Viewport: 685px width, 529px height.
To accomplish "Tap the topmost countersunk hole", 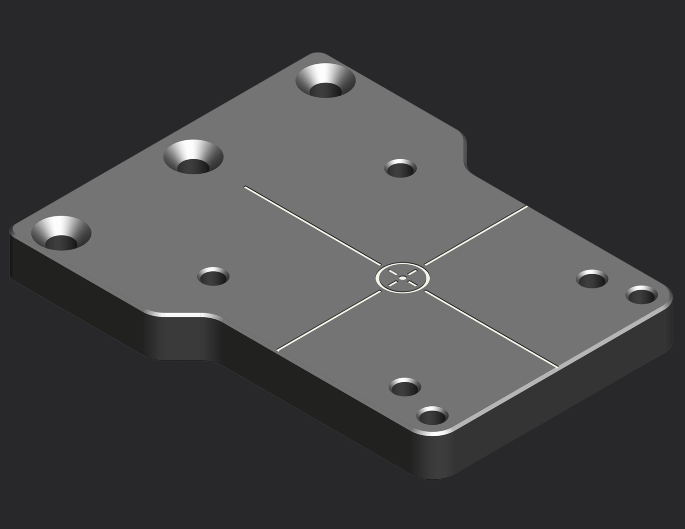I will tap(326, 81).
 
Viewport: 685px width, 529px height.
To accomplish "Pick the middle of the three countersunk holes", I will tap(193, 158).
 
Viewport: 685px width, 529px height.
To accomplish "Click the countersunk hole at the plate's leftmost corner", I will tap(61, 234).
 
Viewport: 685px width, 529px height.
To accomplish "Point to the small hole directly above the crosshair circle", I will tap(401, 169).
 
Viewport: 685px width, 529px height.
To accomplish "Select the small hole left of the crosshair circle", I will tap(213, 277).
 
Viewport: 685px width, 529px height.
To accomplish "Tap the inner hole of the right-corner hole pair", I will tap(593, 279).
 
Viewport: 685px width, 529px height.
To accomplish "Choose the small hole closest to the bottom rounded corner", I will tap(432, 417).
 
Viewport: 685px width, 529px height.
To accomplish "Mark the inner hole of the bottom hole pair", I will tap(405, 387).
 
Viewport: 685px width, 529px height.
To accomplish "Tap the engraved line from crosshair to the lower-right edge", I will tap(493, 330).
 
